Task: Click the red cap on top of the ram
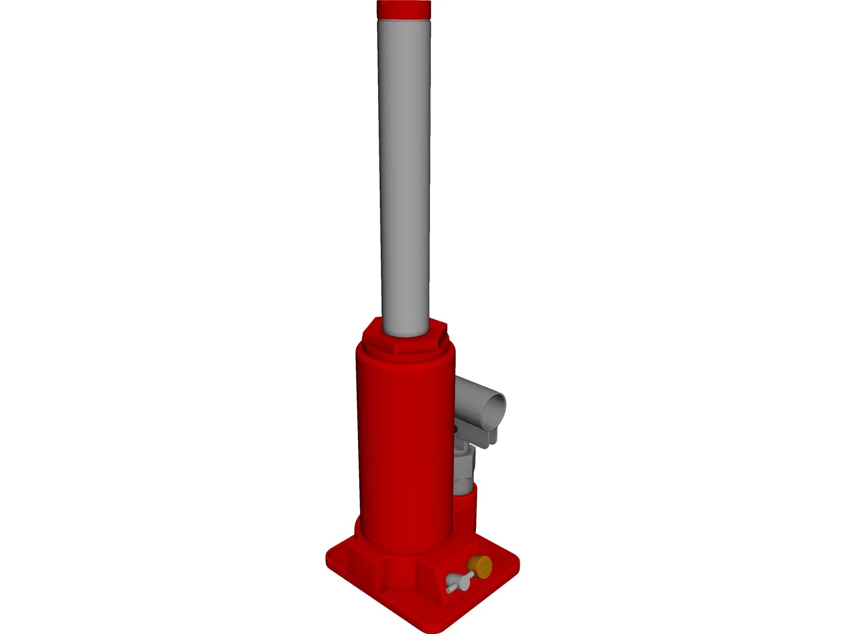click(x=403, y=9)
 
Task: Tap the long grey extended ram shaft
click(x=405, y=174)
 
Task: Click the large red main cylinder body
click(x=404, y=449)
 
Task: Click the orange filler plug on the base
click(x=480, y=565)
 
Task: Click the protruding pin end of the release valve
click(x=449, y=588)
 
